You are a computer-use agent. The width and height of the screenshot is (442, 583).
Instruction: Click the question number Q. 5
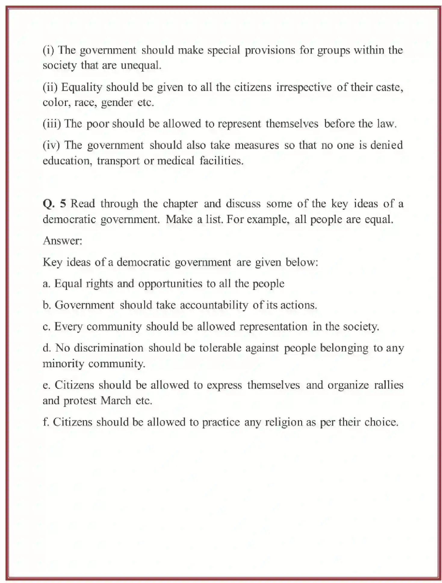pos(54,204)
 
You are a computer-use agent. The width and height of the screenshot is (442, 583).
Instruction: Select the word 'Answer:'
pos(62,240)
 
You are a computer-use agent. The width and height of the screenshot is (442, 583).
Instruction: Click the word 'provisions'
pos(270,50)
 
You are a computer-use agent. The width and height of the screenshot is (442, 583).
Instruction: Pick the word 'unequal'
pos(141,65)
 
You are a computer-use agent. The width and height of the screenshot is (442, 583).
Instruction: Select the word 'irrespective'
pos(304,87)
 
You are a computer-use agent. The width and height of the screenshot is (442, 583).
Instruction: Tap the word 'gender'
pos(117,103)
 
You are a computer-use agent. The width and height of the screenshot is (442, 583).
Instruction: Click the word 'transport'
pos(118,161)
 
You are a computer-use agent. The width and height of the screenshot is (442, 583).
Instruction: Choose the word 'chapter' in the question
pos(180,204)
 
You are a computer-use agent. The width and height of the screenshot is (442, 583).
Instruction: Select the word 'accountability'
pos(214,305)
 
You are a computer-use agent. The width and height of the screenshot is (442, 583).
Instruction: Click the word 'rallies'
pos(388,385)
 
